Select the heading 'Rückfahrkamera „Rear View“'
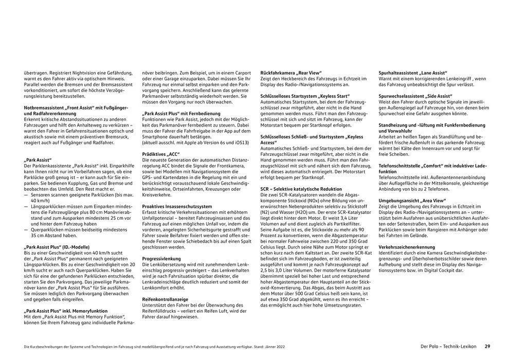coord(291,73)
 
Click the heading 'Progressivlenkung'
coord(161,259)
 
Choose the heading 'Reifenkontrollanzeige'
coord(166,299)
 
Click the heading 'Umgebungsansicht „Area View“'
coord(410,201)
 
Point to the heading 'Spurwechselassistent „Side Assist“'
coord(415,96)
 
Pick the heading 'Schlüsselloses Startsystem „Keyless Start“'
coord(305,96)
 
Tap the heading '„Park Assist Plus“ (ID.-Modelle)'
coord(58,247)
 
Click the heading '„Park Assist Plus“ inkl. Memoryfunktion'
coord(66,311)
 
